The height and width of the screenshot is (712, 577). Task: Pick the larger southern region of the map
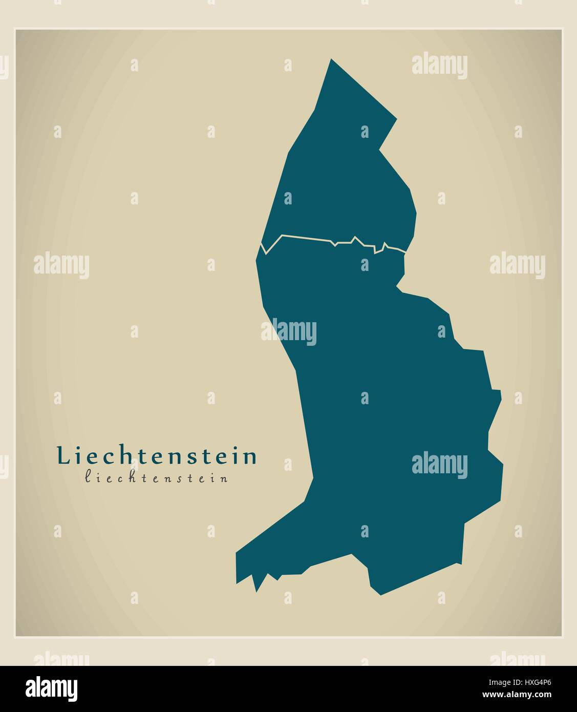(389, 410)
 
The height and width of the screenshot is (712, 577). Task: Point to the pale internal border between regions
(307, 237)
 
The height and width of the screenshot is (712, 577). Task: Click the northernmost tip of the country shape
(331, 59)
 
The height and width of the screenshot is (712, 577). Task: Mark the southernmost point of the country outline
(380, 594)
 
